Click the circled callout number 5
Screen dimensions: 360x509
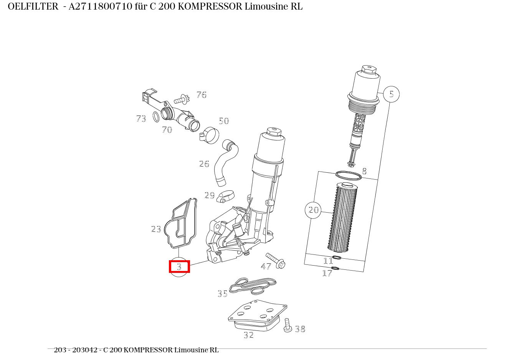coord(391,94)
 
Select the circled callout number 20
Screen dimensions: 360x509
coord(313,210)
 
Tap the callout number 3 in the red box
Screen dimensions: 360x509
coord(179,266)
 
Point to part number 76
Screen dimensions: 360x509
coord(201,95)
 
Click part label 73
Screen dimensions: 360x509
coord(141,119)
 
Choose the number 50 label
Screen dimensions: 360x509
coord(223,121)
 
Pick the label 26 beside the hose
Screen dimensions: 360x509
coord(204,164)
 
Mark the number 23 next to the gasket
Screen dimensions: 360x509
coord(156,229)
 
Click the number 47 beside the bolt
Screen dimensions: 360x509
coord(266,266)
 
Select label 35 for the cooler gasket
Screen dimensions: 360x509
coord(223,294)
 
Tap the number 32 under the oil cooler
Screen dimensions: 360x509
coord(249,335)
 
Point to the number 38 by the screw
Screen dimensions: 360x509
coord(300,329)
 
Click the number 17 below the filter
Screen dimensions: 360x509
coord(327,273)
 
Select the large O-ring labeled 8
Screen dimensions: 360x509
coord(349,176)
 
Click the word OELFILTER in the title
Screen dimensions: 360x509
coord(33,7)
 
